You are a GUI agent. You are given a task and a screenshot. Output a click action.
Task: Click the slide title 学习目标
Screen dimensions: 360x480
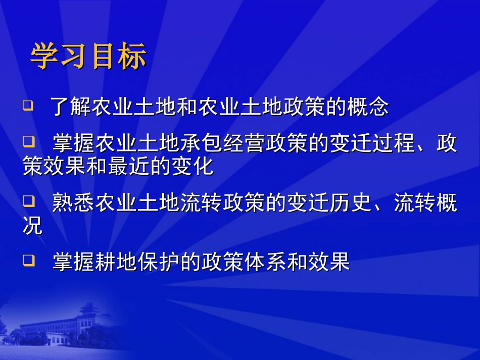(88, 57)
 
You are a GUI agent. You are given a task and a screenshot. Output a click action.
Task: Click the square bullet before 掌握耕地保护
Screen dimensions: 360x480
(28, 261)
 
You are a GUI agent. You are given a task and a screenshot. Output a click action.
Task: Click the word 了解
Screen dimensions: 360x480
(71, 108)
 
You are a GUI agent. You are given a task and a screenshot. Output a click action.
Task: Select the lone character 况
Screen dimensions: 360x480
(33, 227)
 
